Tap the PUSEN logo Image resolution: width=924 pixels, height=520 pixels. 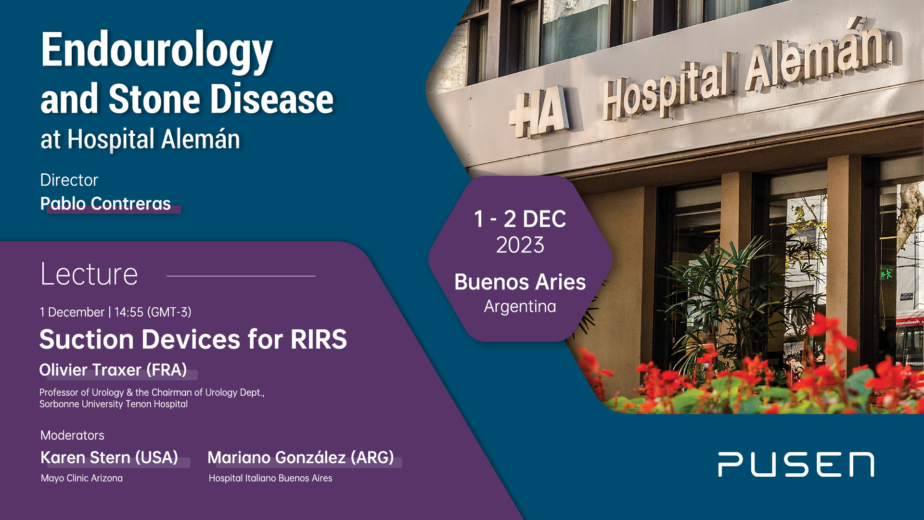tap(796, 465)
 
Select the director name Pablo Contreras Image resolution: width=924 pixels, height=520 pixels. tap(105, 204)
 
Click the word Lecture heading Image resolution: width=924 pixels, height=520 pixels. tap(89, 274)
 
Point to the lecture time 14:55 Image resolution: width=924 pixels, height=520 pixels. tap(129, 312)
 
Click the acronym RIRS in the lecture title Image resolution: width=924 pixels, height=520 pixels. tap(319, 339)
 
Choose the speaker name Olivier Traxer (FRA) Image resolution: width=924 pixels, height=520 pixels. tap(113, 370)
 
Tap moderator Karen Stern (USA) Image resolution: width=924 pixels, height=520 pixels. tap(109, 457)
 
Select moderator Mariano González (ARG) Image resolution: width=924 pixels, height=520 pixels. tap(301, 457)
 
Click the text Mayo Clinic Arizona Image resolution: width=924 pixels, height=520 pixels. tap(82, 478)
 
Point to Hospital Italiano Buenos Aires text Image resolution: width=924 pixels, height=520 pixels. tap(270, 478)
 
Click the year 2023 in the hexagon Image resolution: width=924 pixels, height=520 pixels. tap(520, 245)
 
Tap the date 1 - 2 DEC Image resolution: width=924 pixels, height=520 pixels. tap(520, 219)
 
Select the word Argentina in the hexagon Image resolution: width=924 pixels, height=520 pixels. tap(520, 306)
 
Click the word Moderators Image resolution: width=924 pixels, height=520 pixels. tap(72, 435)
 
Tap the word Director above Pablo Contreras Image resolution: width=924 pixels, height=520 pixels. tap(69, 180)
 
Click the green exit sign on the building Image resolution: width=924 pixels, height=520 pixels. tap(886, 274)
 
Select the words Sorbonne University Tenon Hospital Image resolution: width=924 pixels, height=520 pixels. tap(114, 404)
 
